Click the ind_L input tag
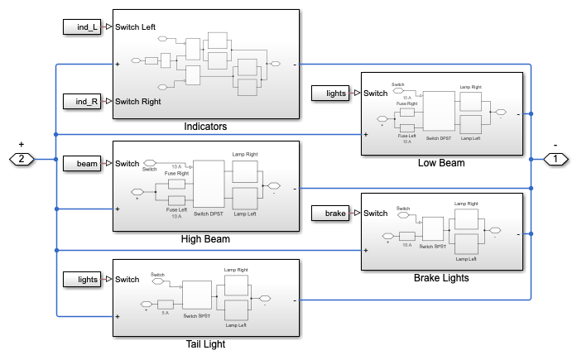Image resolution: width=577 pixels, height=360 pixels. (82, 26)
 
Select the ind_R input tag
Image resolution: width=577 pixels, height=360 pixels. (82, 102)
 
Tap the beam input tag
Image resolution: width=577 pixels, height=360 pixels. (82, 164)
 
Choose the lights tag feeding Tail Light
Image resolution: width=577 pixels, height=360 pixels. (82, 280)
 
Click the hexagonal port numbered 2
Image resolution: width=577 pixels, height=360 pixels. (22, 158)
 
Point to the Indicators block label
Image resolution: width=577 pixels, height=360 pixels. (205, 127)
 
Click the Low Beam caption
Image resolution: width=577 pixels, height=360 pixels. (441, 163)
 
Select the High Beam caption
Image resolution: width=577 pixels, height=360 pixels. (204, 239)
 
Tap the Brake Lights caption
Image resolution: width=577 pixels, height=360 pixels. (441, 278)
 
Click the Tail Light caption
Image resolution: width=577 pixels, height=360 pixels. (204, 344)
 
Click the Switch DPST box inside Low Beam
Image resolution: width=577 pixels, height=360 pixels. (440, 109)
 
